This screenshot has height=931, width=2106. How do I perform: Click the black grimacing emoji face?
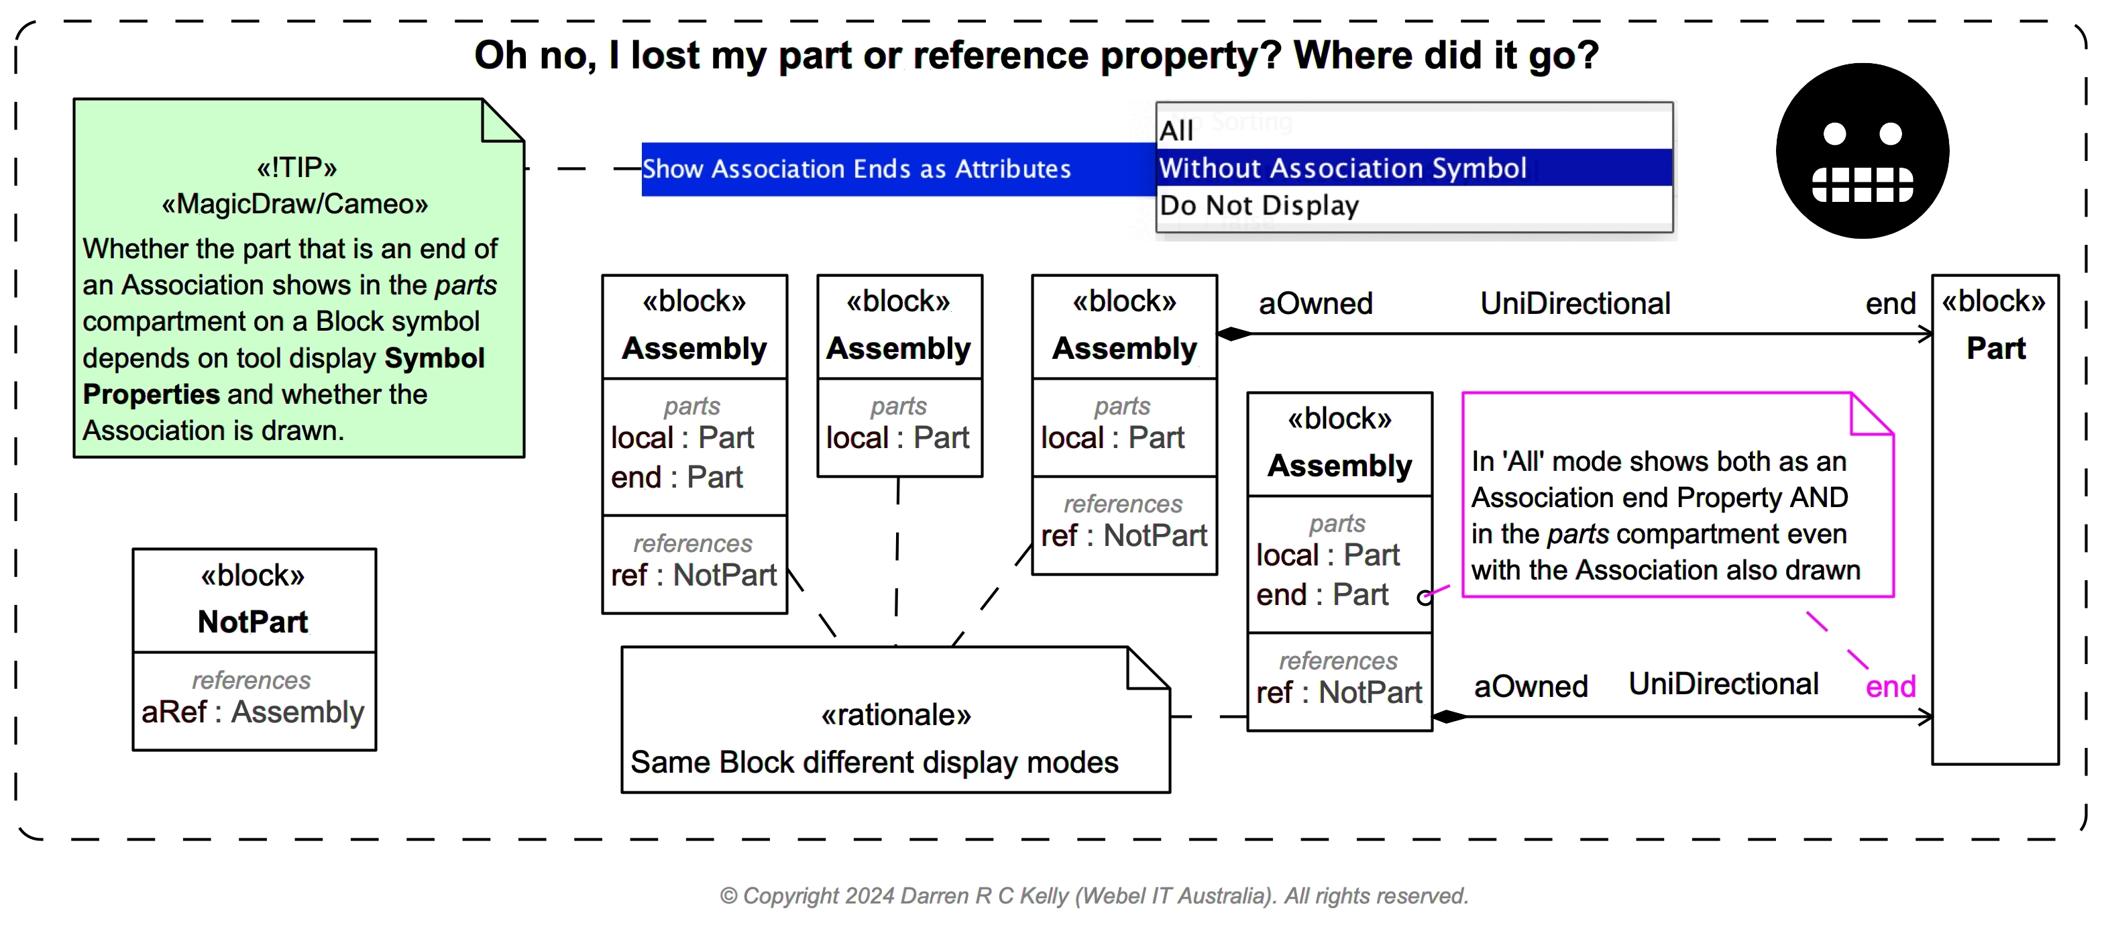[1862, 151]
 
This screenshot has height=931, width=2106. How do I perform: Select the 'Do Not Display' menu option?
[1259, 205]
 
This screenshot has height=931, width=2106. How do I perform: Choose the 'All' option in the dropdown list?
[1176, 130]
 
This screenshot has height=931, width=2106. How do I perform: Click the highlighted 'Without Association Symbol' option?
[1343, 168]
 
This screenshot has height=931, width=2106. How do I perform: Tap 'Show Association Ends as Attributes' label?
[856, 169]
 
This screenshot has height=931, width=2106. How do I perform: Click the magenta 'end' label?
[1890, 687]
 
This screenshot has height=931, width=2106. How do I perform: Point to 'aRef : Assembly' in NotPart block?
[253, 712]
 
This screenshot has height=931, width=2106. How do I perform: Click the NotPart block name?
[253, 622]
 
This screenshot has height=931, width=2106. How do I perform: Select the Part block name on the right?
[1995, 348]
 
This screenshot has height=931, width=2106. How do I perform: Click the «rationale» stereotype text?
[895, 715]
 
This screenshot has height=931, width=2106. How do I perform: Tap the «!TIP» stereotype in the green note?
[296, 168]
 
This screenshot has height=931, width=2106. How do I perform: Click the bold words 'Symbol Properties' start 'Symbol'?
[434, 358]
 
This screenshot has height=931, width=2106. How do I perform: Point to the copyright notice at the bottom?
[1093, 896]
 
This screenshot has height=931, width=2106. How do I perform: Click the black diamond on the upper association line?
[1233, 333]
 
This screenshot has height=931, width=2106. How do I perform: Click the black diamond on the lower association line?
[1449, 717]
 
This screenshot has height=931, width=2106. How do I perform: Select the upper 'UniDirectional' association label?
[1575, 304]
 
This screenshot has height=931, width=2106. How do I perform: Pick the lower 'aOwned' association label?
[1531, 687]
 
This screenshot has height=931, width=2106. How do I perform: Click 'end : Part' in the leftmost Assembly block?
[676, 478]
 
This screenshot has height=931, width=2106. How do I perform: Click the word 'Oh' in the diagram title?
[500, 56]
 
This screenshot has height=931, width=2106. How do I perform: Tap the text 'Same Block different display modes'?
[874, 763]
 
